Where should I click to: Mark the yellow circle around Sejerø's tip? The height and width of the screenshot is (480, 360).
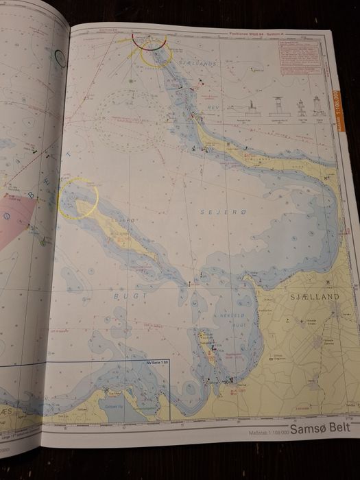tap(77, 197)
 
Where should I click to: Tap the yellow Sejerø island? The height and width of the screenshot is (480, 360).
tap(117, 230)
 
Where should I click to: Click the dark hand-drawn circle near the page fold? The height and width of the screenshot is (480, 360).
tap(61, 59)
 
